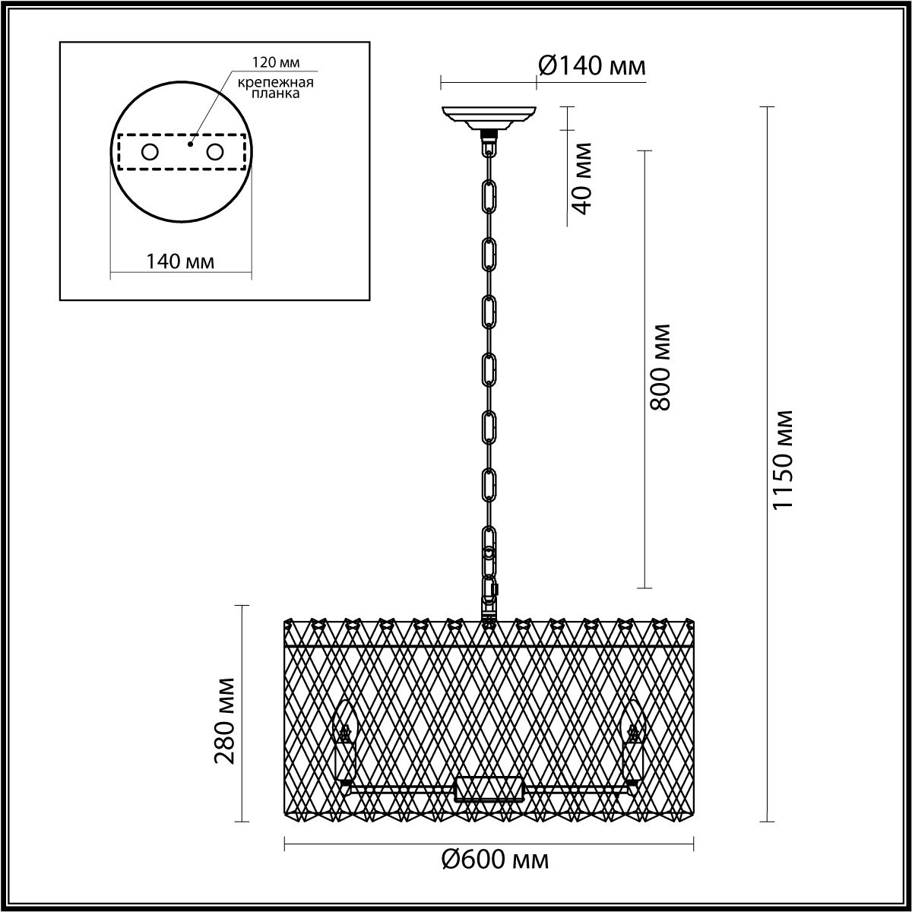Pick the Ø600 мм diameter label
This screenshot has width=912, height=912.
[495, 860]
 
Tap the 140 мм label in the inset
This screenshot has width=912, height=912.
[180, 261]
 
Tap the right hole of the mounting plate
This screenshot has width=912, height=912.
[214, 152]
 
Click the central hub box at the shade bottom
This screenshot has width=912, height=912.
[489, 789]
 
